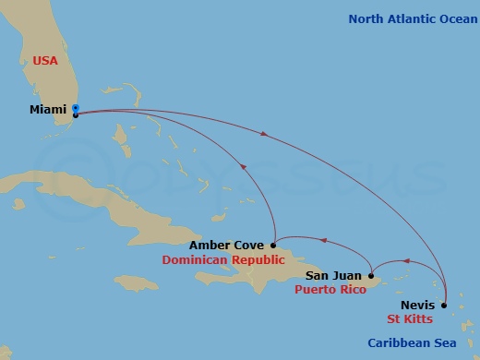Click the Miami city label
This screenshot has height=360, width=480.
[47, 110]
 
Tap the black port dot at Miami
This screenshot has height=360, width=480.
[75, 115]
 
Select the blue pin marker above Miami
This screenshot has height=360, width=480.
[75, 107]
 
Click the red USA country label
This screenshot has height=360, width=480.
[45, 60]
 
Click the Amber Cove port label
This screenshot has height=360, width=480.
[227, 246]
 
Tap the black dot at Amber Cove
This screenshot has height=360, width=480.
[273, 245]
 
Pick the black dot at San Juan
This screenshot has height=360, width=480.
[370, 274]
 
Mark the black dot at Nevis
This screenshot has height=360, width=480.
[444, 305]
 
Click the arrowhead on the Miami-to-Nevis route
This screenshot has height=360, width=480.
[267, 134]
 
